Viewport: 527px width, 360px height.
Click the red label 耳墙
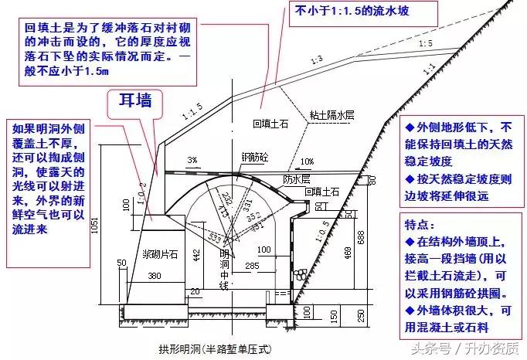[x=134, y=101]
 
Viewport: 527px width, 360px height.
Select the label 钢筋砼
[x=253, y=157]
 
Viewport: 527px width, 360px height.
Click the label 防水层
[x=294, y=179]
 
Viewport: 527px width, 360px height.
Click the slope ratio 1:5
[x=425, y=44]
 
